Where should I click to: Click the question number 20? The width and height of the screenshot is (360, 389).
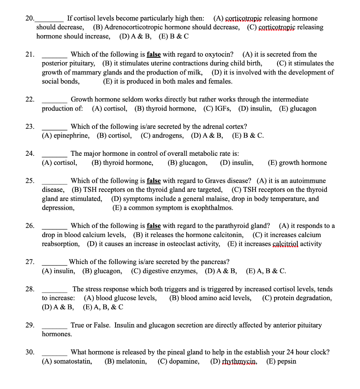click(29, 18)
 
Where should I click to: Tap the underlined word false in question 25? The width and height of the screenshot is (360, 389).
click(154, 181)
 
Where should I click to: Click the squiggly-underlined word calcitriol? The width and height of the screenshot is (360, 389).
click(285, 244)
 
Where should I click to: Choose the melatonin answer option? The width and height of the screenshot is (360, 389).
click(131, 361)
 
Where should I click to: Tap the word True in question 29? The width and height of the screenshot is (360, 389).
click(78, 325)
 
